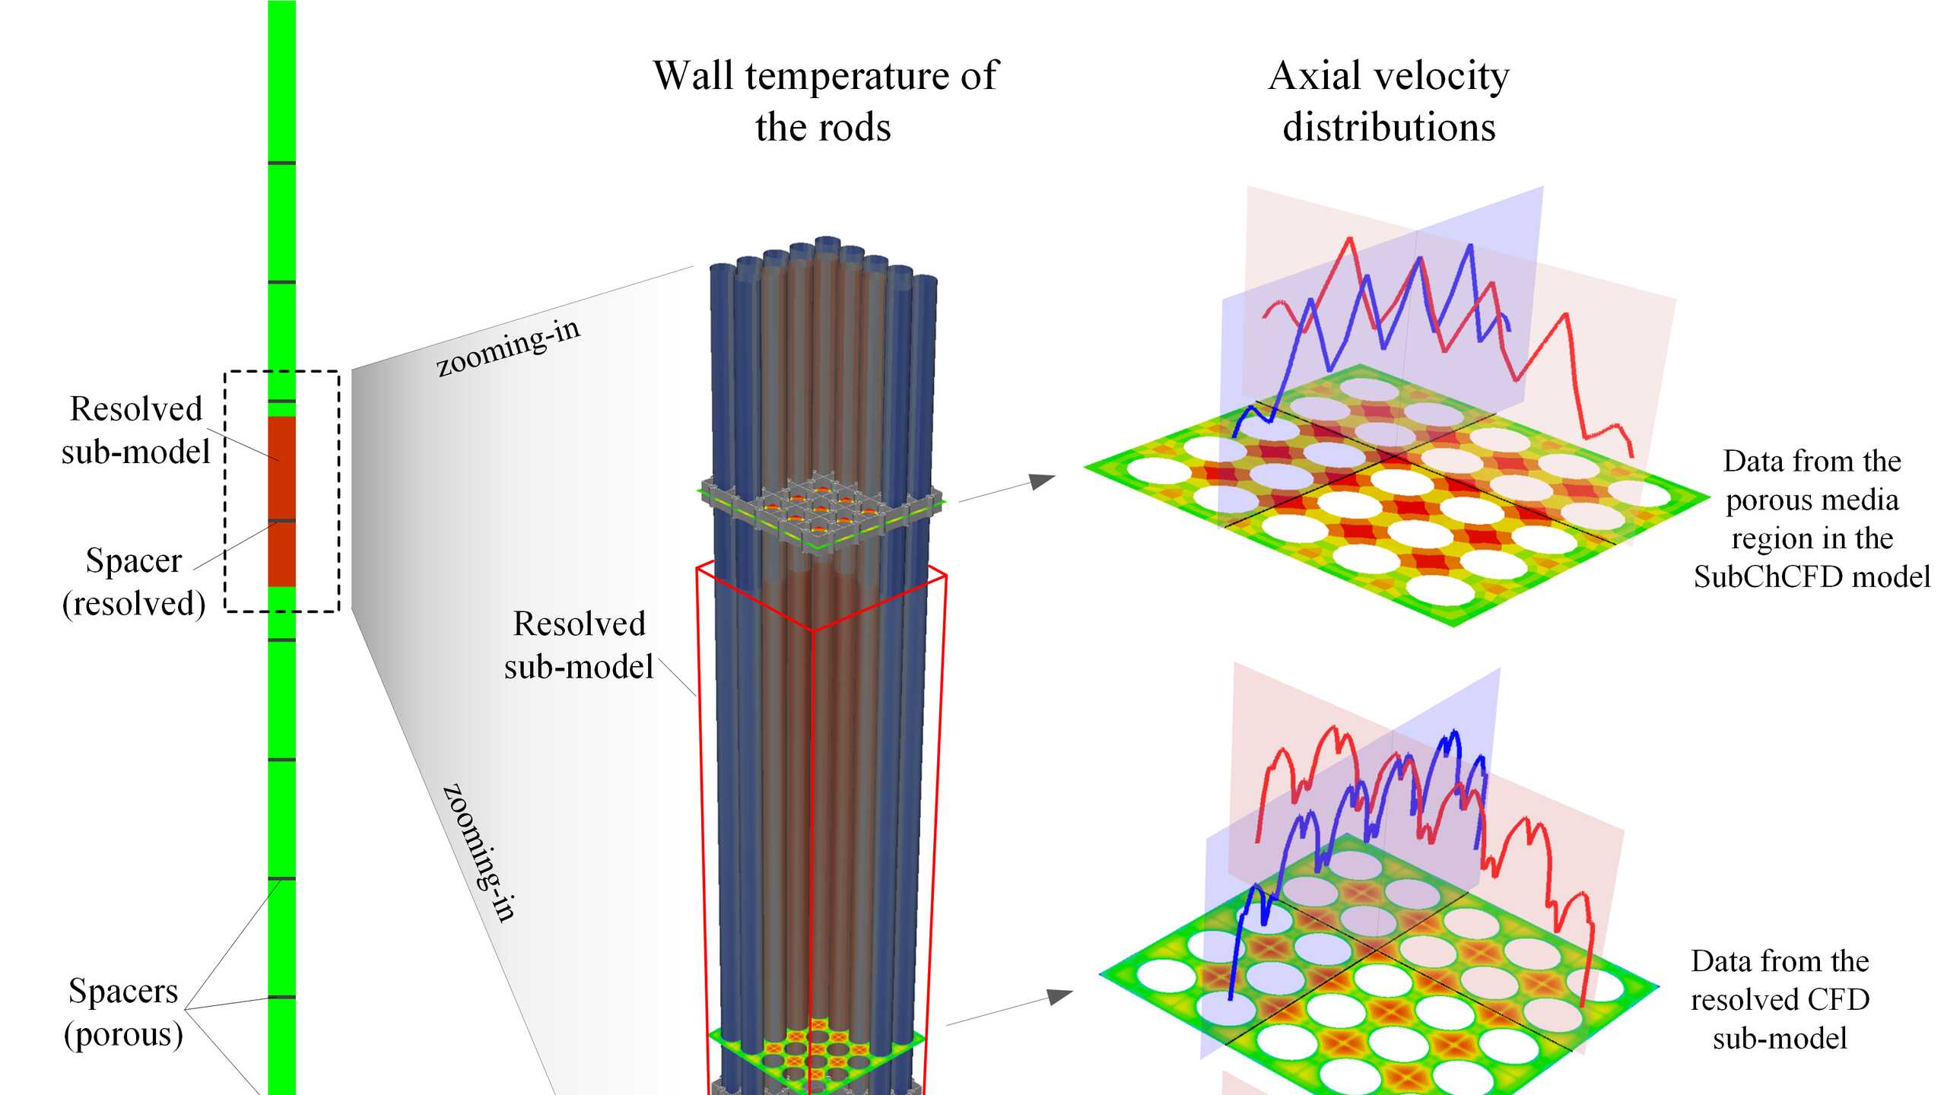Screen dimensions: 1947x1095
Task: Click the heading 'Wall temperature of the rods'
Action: (x=825, y=101)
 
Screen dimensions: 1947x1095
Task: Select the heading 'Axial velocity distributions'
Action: (x=1389, y=101)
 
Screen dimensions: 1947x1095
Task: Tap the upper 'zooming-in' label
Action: (x=507, y=347)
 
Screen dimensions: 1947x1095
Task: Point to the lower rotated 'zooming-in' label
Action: (x=479, y=852)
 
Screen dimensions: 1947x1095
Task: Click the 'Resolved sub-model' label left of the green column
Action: (x=135, y=430)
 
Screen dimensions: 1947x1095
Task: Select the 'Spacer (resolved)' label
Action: (x=134, y=582)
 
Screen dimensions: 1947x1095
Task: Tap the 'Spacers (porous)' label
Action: (x=123, y=1013)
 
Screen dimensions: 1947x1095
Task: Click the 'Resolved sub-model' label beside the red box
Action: (x=579, y=645)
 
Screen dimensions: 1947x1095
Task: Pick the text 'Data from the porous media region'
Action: (x=1812, y=500)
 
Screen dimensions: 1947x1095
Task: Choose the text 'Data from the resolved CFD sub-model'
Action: (x=1780, y=1000)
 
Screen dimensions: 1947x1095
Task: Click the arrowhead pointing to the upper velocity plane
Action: (x=1043, y=481)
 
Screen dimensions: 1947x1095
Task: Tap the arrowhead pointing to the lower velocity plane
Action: (x=1060, y=996)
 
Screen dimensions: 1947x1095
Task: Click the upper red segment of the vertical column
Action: (x=281, y=468)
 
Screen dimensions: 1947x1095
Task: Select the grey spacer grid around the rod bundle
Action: (x=821, y=511)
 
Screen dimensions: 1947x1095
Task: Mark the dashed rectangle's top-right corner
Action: (x=338, y=372)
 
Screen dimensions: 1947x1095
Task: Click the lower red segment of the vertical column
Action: (x=281, y=554)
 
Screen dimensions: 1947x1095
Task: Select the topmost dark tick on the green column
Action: (x=281, y=163)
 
